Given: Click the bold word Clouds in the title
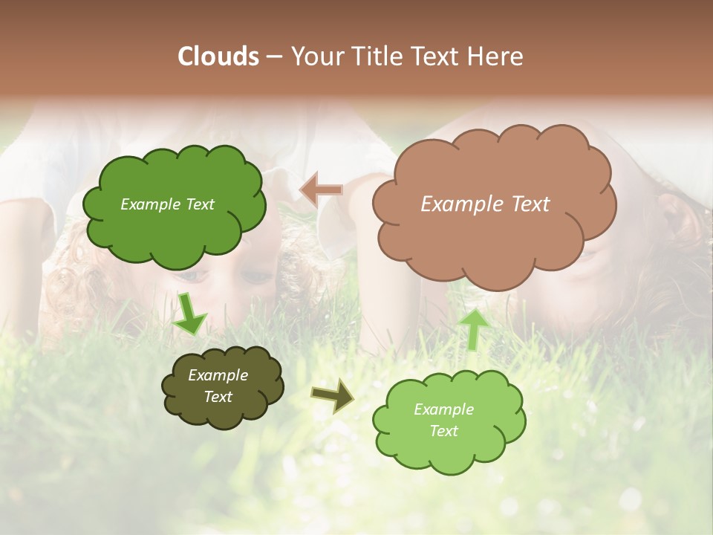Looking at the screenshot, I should [x=218, y=56].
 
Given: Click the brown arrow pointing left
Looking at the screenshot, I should [x=322, y=189].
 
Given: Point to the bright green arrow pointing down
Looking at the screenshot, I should [x=189, y=314].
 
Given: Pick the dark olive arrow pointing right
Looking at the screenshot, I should [x=333, y=395].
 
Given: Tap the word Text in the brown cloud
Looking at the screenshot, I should [x=530, y=204].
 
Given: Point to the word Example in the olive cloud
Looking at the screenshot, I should [x=218, y=375].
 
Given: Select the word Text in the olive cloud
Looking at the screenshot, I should [x=218, y=397].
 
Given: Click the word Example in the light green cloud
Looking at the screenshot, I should [x=443, y=409].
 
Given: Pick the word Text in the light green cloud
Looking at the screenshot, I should [x=443, y=431].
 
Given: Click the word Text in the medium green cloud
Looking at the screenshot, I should [x=199, y=204].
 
